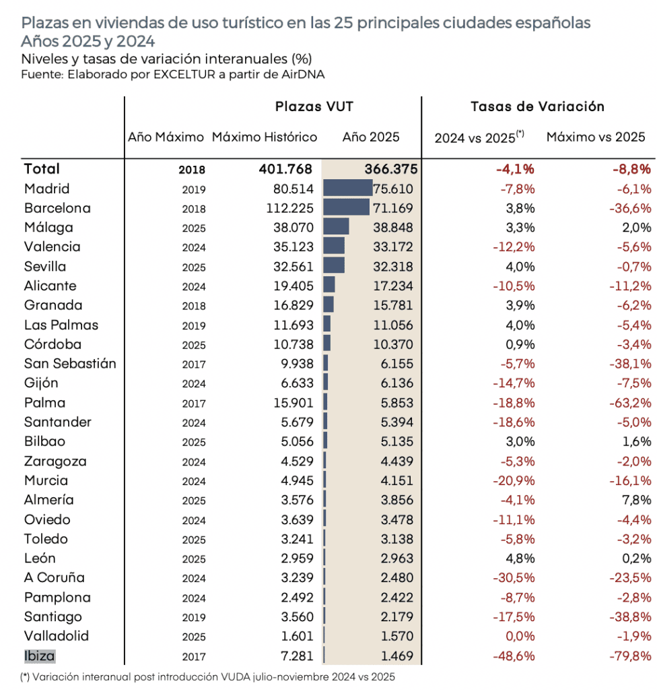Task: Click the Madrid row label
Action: [46, 189]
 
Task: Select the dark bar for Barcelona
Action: [346, 208]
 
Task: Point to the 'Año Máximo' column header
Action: [166, 137]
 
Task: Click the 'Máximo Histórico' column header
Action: [265, 137]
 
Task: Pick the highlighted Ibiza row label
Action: [40, 655]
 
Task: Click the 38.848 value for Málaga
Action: [393, 227]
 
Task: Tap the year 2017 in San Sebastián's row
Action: [193, 365]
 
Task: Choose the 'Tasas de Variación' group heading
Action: [537, 106]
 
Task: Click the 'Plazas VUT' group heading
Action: [314, 106]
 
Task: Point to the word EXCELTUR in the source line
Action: [184, 75]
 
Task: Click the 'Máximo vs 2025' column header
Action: [596, 137]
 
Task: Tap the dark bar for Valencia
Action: [334, 247]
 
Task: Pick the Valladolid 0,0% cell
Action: [520, 636]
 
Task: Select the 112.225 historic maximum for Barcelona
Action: [290, 208]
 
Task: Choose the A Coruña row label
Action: [54, 577]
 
